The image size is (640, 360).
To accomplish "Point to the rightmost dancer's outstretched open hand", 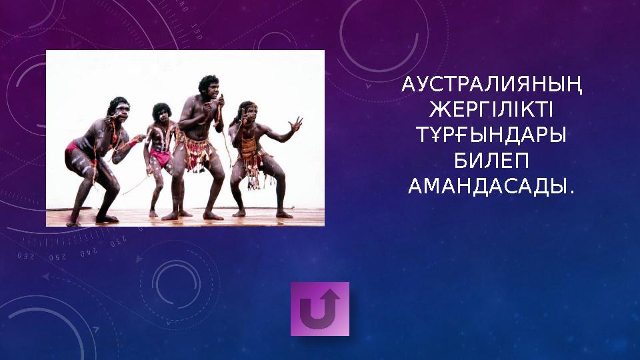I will (x=294, y=125).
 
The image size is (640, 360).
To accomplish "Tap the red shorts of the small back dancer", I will (x=161, y=157).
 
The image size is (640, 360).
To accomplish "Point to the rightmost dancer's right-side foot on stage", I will (x=284, y=215).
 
